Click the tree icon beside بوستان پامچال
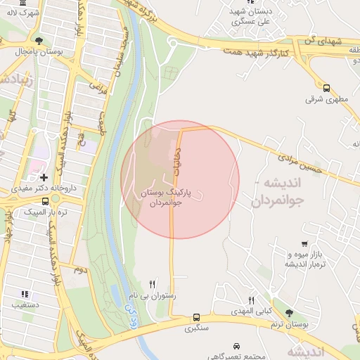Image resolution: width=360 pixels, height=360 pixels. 39,41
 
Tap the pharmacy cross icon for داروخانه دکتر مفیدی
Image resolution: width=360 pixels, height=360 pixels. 44,177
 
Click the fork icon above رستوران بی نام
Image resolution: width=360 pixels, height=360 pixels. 153,284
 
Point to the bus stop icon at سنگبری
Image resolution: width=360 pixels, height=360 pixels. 196,317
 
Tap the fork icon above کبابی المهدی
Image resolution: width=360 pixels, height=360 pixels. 252,300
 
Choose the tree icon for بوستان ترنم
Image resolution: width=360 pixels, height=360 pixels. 289,313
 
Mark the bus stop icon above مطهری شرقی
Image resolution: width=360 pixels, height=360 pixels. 326,88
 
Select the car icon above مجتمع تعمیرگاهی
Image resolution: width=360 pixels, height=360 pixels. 236,347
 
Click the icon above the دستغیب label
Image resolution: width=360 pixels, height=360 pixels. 25,294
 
